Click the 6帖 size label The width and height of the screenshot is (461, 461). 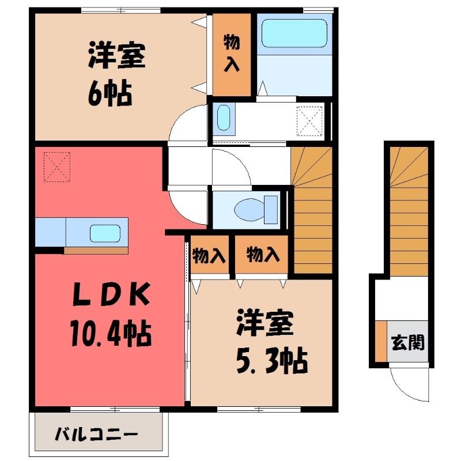coord(110,93)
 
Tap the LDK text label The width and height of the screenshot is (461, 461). coord(111,294)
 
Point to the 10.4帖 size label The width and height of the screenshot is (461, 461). coord(111,334)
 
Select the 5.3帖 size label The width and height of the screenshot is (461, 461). coord(272,361)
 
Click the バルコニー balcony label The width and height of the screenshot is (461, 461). coord(96,434)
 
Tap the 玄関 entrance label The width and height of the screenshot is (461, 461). coord(408,342)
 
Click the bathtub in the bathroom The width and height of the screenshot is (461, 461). coord(294,33)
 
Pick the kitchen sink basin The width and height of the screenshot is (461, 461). coord(105,233)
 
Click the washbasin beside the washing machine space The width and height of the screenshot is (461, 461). coord(224,118)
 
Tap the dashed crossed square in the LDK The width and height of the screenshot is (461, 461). coord(56,167)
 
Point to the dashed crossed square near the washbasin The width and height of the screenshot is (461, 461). coord(309,121)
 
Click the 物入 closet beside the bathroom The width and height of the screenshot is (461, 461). coord(232,54)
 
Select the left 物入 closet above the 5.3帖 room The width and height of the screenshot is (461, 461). coord(210,255)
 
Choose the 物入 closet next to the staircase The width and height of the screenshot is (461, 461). coord(262,255)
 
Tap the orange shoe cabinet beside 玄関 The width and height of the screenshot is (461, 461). coord(381,341)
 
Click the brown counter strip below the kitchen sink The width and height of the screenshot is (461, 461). coord(96,251)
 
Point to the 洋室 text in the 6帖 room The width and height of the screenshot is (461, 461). coord(117,56)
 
